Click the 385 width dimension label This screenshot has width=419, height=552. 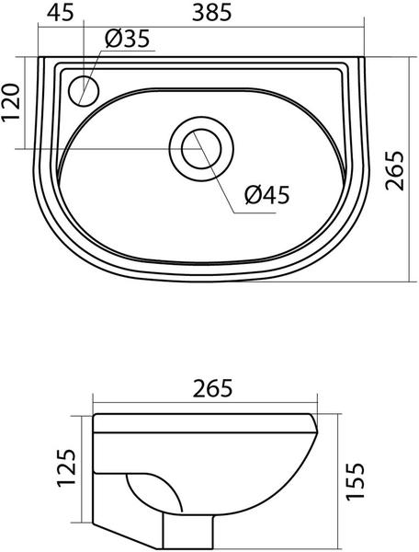pos(212,13)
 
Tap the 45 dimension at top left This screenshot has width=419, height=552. pos(61,13)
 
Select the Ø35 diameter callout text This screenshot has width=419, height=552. pos(127,39)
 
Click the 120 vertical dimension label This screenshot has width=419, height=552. pos(10,103)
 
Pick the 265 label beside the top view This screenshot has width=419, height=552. pos(394,171)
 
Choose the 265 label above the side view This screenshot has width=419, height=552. pos(213,388)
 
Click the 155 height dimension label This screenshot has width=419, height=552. pos(355,481)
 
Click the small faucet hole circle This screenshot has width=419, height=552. pos(85,91)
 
